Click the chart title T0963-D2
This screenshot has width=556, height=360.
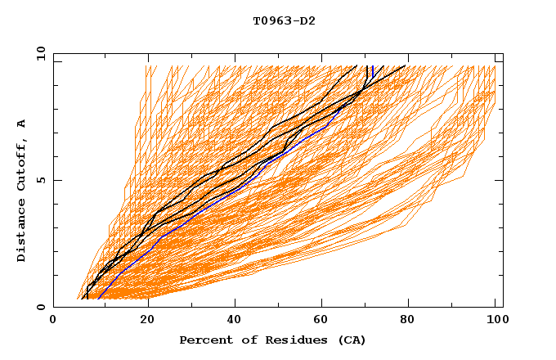[284, 21]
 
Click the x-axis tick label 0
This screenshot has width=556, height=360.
[53, 321]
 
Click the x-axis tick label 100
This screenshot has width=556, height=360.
[495, 321]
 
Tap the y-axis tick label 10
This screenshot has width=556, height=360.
[40, 53]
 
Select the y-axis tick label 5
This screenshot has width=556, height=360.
[43, 180]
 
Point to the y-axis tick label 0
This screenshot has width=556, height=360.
[43, 307]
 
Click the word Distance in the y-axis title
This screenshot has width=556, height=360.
[22, 232]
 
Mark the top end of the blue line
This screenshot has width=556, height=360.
[372, 66]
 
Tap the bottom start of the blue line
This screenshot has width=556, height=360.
[98, 299]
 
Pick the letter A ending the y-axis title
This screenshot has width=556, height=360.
[22, 124]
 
